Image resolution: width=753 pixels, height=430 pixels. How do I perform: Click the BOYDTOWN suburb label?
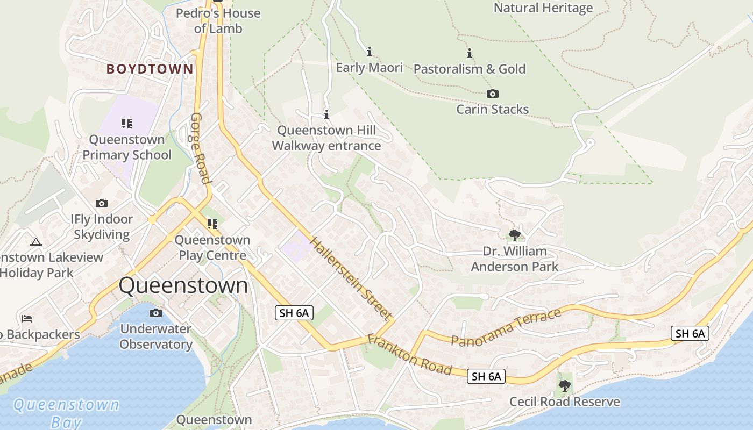pos(150,69)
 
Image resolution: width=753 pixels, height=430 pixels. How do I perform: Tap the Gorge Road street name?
pos(200,148)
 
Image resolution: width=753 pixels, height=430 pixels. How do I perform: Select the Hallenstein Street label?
pos(350,279)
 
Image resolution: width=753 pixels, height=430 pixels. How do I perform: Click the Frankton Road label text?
pos(409,354)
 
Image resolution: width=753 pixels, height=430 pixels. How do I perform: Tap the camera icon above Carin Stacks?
pos(492,94)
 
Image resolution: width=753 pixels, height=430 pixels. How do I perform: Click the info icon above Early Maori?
pos(370,52)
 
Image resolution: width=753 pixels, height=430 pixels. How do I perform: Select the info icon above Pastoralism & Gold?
pos(470,54)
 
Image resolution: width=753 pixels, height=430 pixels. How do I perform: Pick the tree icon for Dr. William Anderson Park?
pos(514,235)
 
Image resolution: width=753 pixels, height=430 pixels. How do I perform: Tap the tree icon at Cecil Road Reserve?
pos(564,385)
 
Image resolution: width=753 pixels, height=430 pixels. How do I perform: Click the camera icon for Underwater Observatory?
pos(156,313)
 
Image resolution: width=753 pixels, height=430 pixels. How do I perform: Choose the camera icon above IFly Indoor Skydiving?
pos(102,203)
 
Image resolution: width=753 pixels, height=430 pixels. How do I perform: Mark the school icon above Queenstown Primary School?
pos(127,124)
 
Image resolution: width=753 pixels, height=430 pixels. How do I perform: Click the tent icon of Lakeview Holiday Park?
pos(36,242)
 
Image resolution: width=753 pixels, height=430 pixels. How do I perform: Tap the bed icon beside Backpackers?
pos(27,318)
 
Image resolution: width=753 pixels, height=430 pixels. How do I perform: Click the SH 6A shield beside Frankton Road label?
pos(486,376)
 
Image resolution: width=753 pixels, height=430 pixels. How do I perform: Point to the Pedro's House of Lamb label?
pos(218,20)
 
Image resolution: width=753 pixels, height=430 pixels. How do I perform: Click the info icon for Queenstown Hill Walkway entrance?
pos(326,114)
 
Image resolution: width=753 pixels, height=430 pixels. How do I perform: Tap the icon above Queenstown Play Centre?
pos(212,224)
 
